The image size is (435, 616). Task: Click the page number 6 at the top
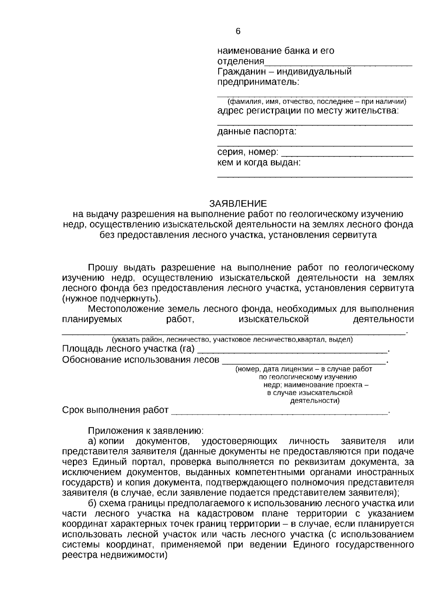(238, 32)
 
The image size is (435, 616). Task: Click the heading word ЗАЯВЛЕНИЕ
(238, 203)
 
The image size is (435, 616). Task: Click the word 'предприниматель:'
(258, 82)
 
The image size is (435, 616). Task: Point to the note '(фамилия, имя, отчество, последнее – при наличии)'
(315, 102)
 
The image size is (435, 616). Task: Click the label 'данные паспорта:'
(257, 131)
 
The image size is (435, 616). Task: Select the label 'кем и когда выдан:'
(259, 162)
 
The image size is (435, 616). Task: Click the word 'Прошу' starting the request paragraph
(103, 268)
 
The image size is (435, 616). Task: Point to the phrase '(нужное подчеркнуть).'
(111, 299)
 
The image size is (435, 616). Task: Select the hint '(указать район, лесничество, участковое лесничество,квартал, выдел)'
(232, 340)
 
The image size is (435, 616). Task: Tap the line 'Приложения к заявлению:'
(146, 431)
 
